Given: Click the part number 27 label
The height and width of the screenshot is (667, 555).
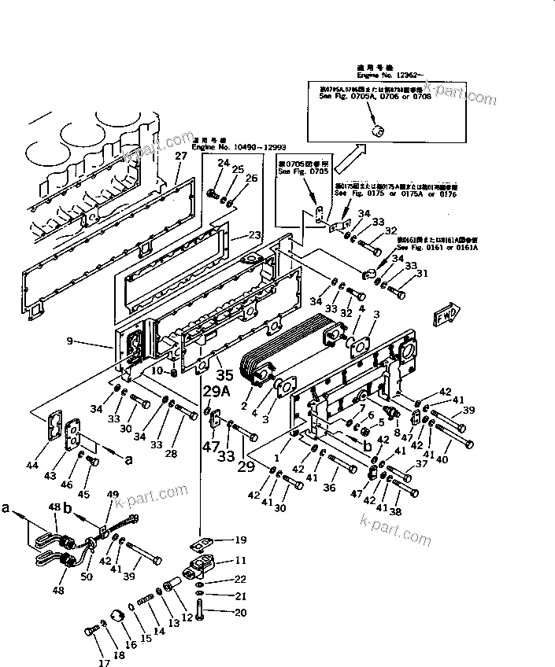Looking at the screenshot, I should (181, 156).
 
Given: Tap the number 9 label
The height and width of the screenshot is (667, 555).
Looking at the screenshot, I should (71, 341).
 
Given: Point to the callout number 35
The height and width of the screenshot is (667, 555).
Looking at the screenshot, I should (225, 376).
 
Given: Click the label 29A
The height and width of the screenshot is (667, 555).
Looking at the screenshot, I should (216, 391).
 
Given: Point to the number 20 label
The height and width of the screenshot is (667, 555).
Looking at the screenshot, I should (241, 613).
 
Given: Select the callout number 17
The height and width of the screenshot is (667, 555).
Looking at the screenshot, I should (102, 663).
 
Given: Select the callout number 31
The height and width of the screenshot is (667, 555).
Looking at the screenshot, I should (422, 274).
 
